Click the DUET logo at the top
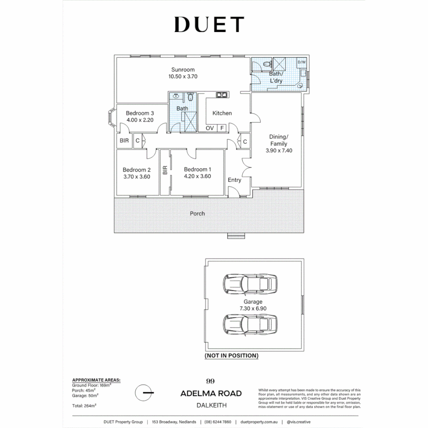click(x=209, y=25)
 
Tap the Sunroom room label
click(x=183, y=70)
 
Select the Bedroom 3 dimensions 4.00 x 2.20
click(x=140, y=120)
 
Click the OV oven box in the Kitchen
click(x=210, y=128)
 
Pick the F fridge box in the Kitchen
click(x=222, y=128)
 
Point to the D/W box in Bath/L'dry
click(x=302, y=62)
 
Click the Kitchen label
click(x=222, y=113)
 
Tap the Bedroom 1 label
click(x=197, y=169)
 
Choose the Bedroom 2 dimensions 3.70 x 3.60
click(x=137, y=177)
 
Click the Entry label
click(x=234, y=180)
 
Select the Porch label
click(x=197, y=213)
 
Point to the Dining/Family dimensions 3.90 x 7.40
click(x=279, y=151)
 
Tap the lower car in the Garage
click(x=250, y=325)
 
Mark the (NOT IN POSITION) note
click(x=231, y=355)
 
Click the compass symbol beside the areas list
click(x=143, y=393)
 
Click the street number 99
click(x=210, y=381)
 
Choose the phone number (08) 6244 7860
click(x=218, y=422)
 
